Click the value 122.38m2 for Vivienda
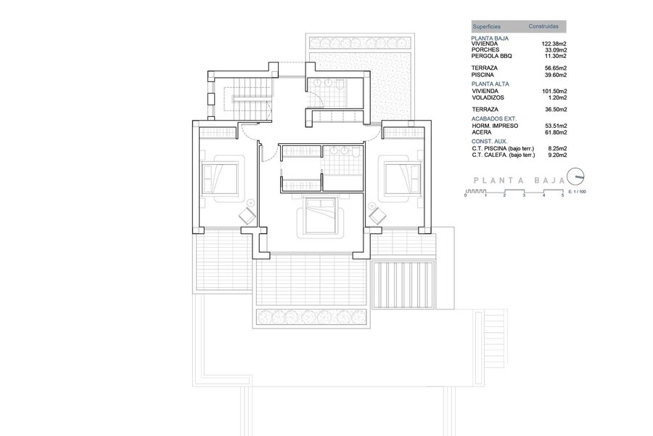click(x=554, y=44)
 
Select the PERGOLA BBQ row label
click(x=491, y=56)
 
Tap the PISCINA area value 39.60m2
click(x=557, y=75)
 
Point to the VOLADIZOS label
click(x=488, y=97)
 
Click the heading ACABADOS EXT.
click(x=494, y=119)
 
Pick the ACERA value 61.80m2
click(x=557, y=133)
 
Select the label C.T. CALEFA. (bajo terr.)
click(x=503, y=156)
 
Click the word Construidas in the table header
click(x=543, y=26)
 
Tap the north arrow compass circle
click(x=576, y=177)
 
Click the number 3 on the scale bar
click(x=524, y=195)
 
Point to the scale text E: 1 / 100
click(x=578, y=192)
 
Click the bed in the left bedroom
click(x=219, y=178)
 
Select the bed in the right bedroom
click(x=403, y=178)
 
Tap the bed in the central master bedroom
click(x=320, y=216)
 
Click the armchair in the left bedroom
click(x=247, y=216)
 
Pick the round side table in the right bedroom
click(x=372, y=205)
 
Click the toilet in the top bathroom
click(x=340, y=85)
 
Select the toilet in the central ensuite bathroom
click(x=356, y=153)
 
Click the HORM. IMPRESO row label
click(x=495, y=126)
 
